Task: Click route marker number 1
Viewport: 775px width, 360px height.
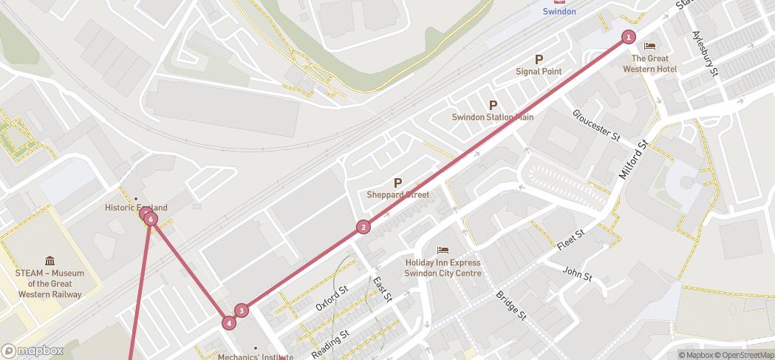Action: (628, 37)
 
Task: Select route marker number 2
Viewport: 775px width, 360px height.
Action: (363, 227)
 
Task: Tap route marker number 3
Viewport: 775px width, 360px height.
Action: (241, 310)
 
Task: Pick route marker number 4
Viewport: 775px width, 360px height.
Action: (229, 322)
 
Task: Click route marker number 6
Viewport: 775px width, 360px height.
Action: (151, 219)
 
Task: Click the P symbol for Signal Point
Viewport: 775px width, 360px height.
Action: (539, 60)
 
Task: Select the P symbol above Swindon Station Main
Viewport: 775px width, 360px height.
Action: (493, 105)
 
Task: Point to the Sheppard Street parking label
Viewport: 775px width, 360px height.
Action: (397, 195)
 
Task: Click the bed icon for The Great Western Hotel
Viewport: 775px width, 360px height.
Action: (649, 47)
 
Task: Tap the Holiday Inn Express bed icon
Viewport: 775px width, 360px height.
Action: (443, 251)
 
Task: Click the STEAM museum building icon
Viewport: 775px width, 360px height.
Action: (49, 261)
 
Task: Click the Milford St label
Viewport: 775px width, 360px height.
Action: (632, 161)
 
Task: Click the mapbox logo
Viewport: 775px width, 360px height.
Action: (33, 350)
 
